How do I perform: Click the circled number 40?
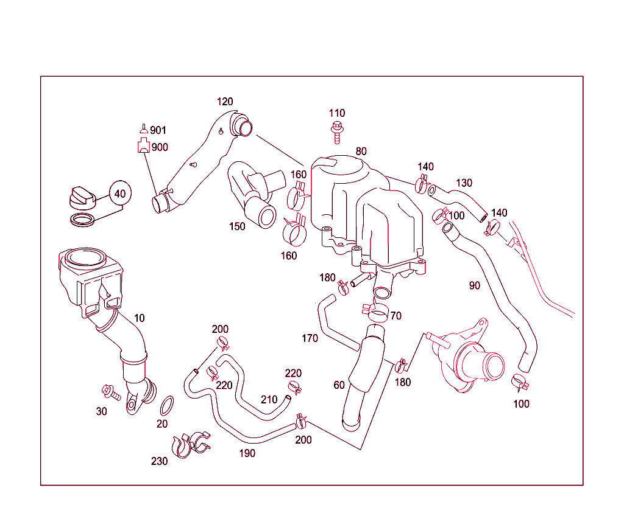(120, 194)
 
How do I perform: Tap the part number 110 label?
(336, 113)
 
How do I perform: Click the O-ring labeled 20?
(168, 404)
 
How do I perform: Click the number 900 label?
(160, 147)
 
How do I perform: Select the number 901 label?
(158, 130)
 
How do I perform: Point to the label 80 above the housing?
(361, 151)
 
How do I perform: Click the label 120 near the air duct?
(225, 102)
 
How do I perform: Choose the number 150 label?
(237, 226)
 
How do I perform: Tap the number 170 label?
(310, 338)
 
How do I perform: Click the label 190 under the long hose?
(247, 453)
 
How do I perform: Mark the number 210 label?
(269, 400)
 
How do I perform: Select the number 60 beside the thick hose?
(339, 385)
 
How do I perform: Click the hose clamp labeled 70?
(378, 314)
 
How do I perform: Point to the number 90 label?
(474, 285)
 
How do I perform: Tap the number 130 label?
(464, 183)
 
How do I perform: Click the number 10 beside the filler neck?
(140, 318)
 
